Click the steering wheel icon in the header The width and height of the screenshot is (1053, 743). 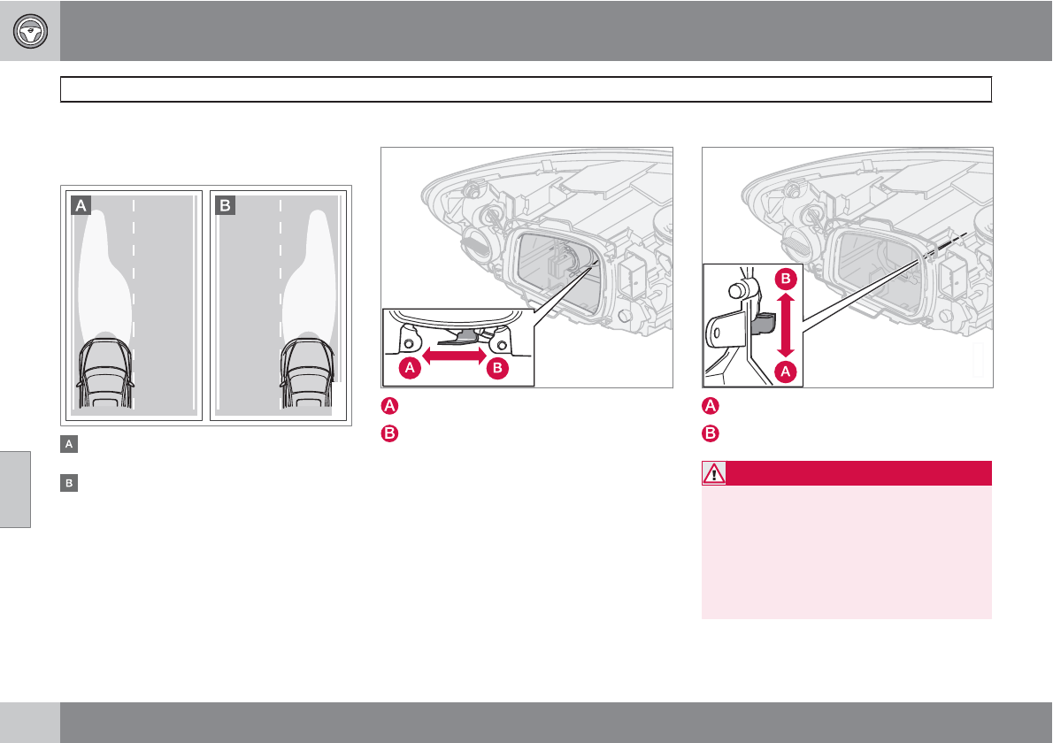coord(30,31)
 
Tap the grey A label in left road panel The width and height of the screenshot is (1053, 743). coord(81,206)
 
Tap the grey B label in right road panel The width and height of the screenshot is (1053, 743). coord(225,206)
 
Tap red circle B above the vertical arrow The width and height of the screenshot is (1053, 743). coord(783,280)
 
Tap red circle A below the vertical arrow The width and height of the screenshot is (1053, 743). coord(783,371)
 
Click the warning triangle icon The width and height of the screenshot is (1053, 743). coord(713,473)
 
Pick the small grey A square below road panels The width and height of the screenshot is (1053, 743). coord(66,445)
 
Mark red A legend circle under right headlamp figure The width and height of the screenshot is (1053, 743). coord(710,407)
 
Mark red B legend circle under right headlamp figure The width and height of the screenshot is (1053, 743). coord(710,433)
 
